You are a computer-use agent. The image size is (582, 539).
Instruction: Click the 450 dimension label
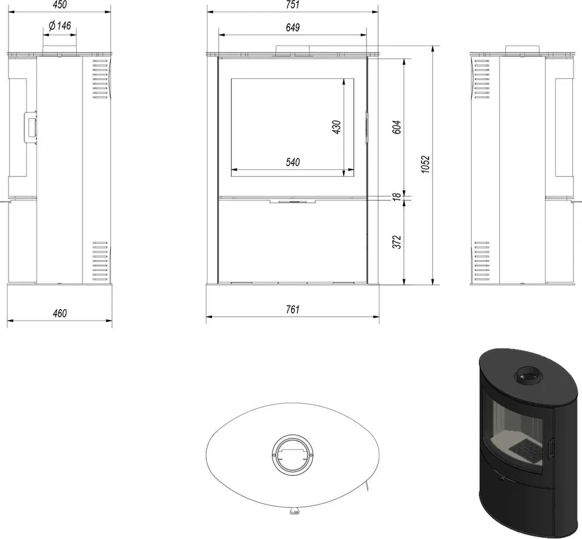pos(60,5)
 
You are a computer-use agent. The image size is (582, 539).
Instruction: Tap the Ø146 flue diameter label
pos(60,26)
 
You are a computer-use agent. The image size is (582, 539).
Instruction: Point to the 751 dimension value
pos(293,5)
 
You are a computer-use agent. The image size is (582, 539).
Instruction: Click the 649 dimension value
pos(293,27)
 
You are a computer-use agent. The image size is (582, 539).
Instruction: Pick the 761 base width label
pos(293,310)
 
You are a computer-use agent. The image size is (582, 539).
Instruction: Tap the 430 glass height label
pos(336,127)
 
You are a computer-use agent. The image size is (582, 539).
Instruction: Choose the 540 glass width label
pos(293,162)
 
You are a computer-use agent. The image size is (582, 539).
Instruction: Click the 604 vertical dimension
pos(397,127)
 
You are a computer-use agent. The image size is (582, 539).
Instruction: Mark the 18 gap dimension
pos(397,197)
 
